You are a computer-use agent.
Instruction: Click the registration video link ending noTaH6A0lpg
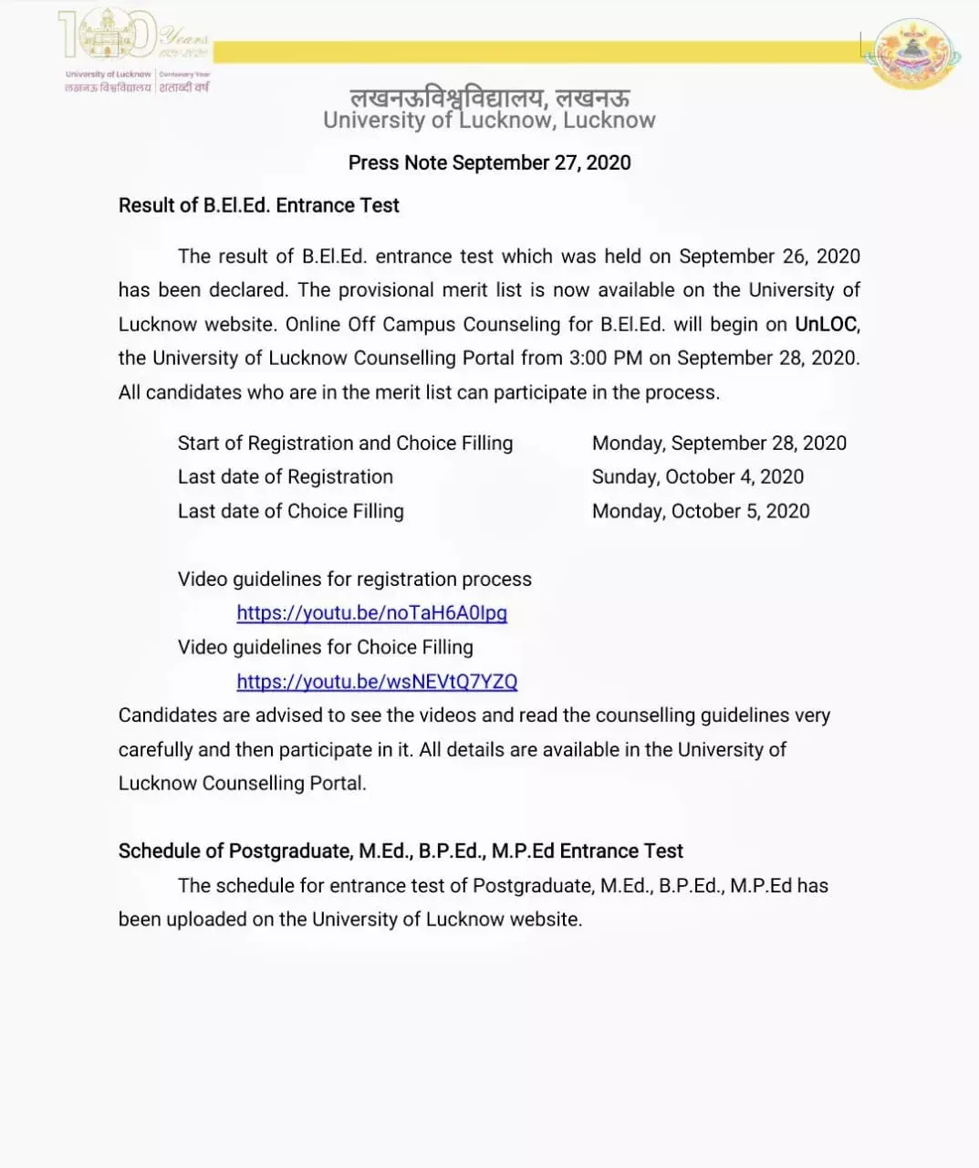coord(371,613)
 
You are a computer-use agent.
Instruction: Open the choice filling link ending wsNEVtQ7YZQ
coord(377,682)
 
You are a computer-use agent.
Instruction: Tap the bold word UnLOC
coord(827,324)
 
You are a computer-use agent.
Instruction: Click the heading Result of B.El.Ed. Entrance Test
coord(258,205)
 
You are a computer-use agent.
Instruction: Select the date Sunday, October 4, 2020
coord(697,476)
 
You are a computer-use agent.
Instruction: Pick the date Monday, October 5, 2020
coord(700,511)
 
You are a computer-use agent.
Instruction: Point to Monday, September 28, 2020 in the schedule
coord(719,443)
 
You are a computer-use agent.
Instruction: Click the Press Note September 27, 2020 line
coord(489,162)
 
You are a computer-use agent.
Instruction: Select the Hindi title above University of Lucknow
coord(489,97)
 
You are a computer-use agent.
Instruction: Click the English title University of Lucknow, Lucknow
coord(489,120)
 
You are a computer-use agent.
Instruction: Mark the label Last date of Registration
coord(285,476)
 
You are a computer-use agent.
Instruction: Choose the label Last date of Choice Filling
coord(290,511)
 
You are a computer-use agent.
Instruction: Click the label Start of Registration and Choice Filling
coord(345,443)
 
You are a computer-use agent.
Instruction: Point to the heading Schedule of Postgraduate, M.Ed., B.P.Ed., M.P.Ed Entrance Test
coord(401,850)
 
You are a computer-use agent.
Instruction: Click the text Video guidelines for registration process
coord(354,579)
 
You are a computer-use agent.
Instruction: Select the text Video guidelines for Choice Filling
coord(325,647)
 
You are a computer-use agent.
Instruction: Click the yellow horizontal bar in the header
coord(538,52)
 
